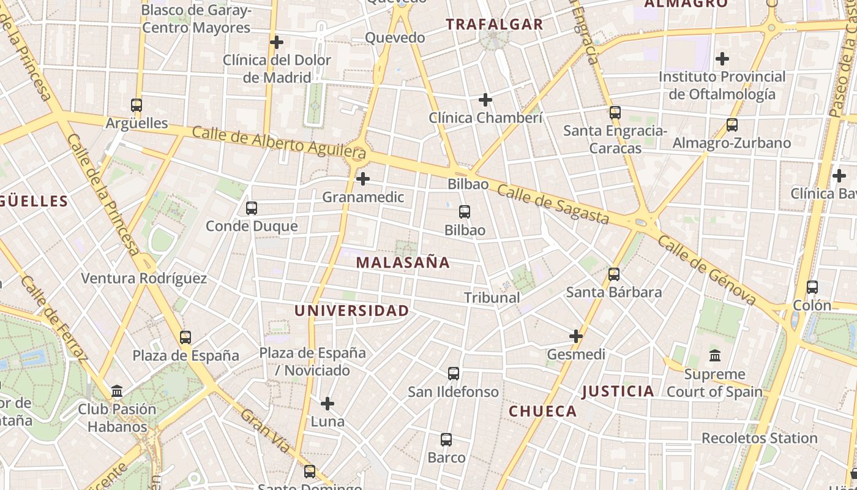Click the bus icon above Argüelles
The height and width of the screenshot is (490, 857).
137,105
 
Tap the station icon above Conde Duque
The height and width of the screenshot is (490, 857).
252,208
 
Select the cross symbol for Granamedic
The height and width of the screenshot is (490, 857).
363,179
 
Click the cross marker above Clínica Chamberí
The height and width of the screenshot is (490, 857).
485,99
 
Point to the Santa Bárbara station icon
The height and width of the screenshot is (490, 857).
614,274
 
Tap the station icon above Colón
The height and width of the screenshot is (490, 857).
812,287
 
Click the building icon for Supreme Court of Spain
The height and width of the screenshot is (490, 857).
714,356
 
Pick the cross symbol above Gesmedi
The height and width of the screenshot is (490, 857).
576,336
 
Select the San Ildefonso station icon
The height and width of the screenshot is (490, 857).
454,374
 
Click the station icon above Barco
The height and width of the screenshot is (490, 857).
446,440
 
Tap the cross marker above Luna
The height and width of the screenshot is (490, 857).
327,404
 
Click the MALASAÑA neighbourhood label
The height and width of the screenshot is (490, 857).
403,263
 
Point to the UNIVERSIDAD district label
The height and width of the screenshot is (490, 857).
351,311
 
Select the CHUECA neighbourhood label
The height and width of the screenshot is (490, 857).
543,411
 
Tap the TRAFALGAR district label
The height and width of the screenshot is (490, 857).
494,24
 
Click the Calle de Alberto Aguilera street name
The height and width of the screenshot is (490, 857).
279,142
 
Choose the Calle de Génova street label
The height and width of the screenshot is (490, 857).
706,270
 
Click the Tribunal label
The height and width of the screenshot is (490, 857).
492,298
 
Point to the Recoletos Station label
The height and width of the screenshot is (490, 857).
759,438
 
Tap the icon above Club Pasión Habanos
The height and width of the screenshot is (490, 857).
117,391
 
